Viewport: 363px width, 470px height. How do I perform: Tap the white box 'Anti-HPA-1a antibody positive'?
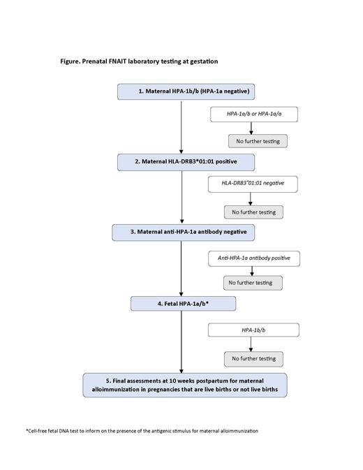[254, 258]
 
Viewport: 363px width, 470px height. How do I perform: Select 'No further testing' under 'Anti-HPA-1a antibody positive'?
[253, 283]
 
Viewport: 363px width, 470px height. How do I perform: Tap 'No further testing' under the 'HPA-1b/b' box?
[253, 359]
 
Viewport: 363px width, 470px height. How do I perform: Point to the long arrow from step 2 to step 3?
[181, 197]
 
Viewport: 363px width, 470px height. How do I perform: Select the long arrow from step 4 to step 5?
[181, 342]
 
